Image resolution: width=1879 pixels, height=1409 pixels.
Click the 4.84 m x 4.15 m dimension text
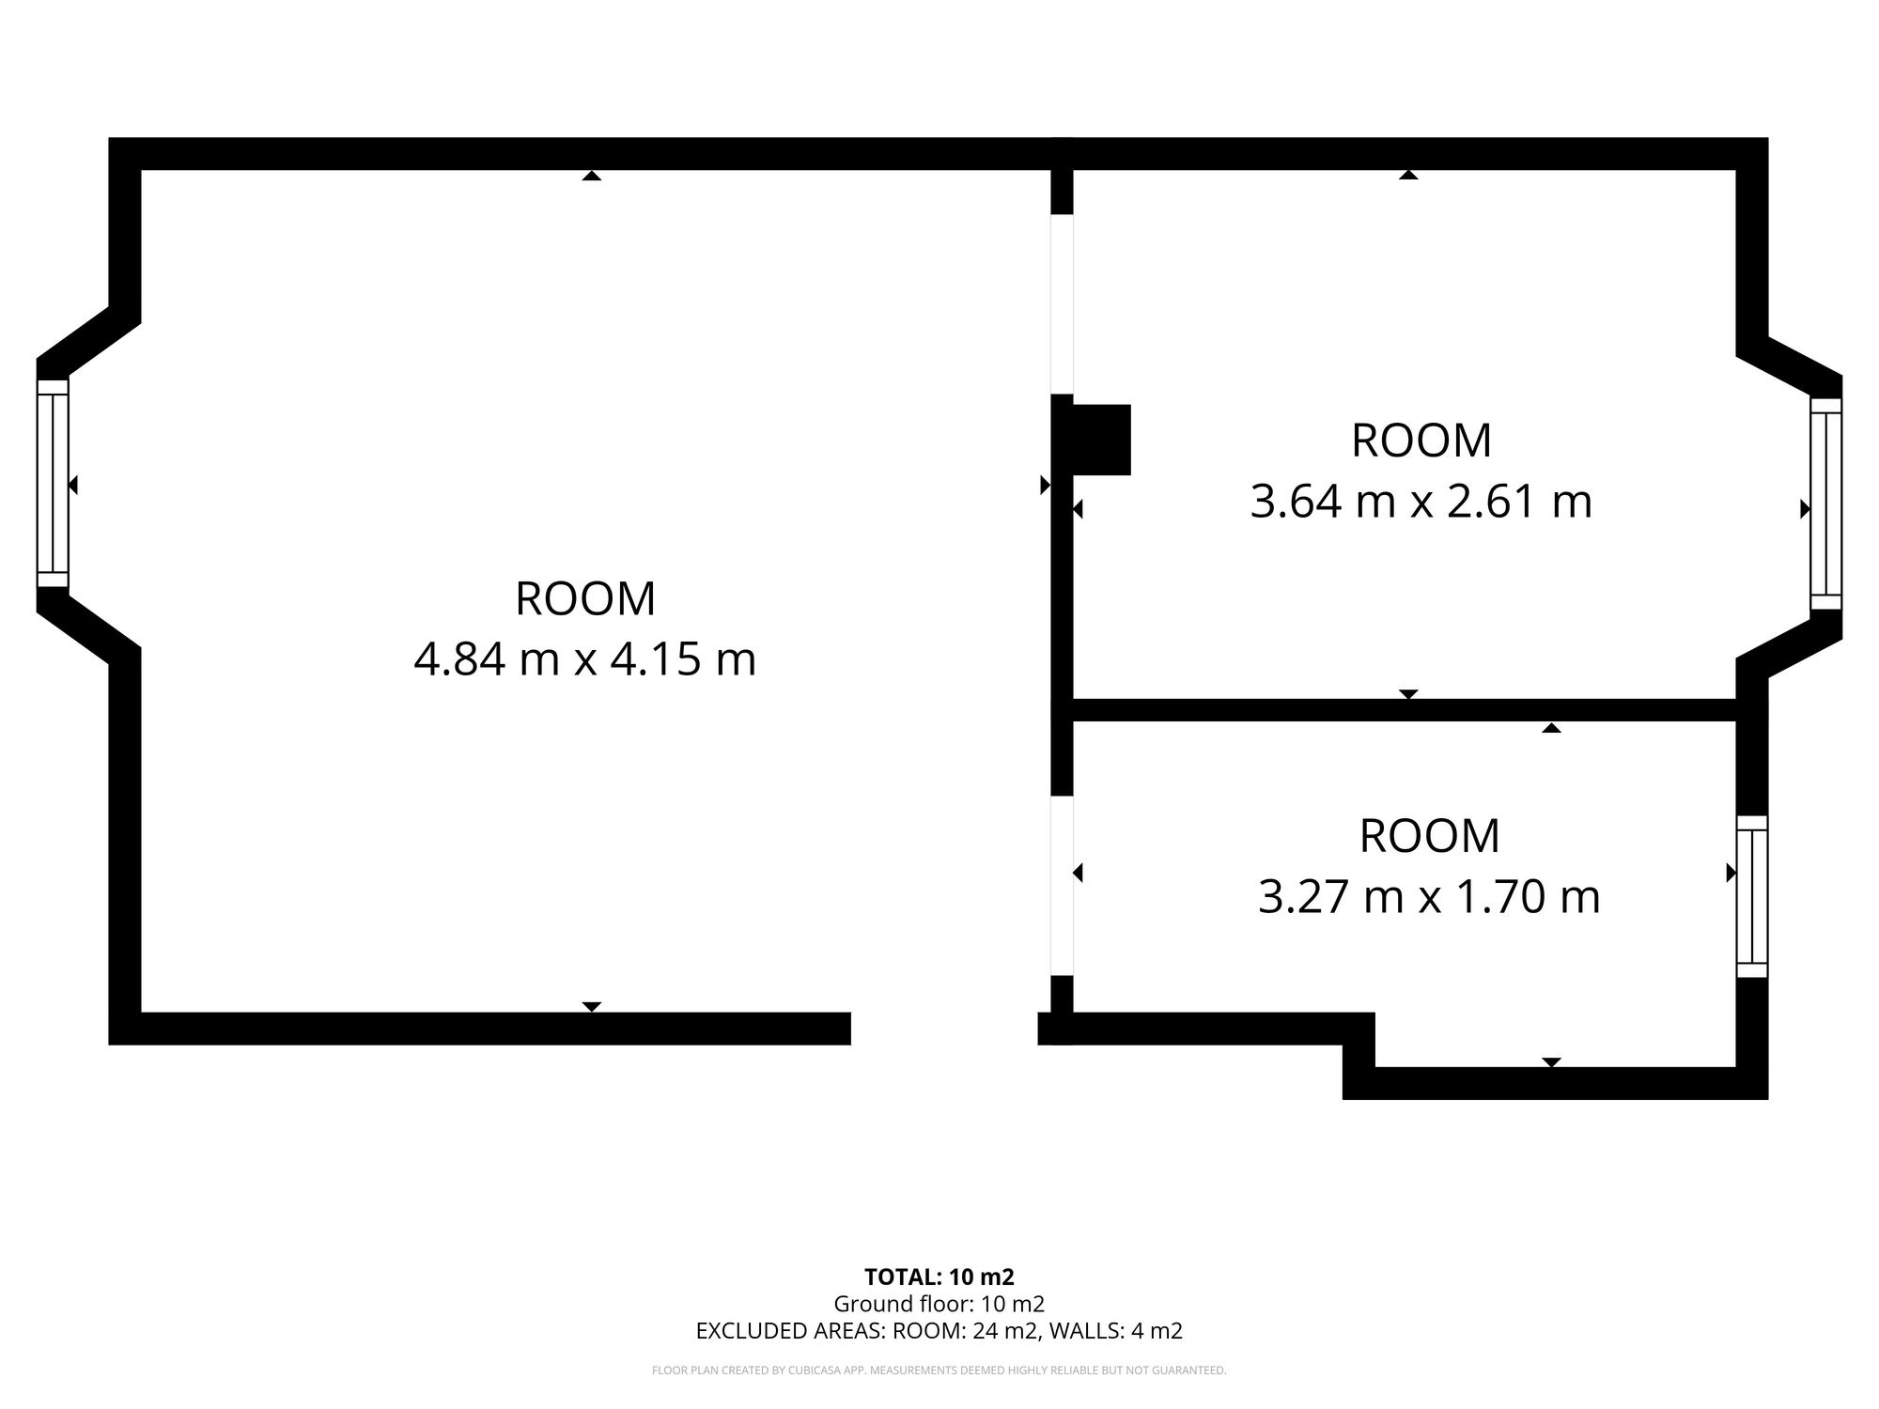[584, 659]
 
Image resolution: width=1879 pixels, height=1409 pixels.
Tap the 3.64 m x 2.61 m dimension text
[1421, 502]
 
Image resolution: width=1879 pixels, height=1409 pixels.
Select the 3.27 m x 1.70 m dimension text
[1429, 897]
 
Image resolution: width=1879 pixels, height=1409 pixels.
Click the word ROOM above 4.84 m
[584, 599]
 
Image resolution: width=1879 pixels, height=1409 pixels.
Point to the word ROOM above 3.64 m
[1421, 441]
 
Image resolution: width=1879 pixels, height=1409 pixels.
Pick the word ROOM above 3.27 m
[1429, 837]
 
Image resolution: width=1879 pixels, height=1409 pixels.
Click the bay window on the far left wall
[53, 483]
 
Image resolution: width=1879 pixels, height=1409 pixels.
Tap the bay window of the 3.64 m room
[1825, 503]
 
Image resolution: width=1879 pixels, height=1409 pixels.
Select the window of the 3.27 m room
[1752, 896]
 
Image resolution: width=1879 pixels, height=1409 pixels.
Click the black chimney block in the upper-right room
[1101, 440]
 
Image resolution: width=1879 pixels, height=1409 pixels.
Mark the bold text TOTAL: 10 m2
[939, 1277]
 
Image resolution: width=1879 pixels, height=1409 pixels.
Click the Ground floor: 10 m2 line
[939, 1304]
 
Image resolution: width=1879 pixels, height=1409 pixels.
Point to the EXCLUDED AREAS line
[939, 1331]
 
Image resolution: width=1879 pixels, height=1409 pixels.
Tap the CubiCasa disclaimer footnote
[939, 1370]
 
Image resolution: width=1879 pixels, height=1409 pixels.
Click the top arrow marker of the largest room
[591, 175]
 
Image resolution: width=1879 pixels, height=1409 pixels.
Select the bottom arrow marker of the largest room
[591, 1007]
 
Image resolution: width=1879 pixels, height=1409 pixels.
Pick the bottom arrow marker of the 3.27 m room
[1551, 1062]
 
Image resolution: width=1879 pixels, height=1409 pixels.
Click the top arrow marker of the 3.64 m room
[1408, 175]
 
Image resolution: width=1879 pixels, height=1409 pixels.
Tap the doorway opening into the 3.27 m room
[1062, 886]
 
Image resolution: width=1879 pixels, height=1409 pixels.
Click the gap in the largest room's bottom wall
[944, 1029]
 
